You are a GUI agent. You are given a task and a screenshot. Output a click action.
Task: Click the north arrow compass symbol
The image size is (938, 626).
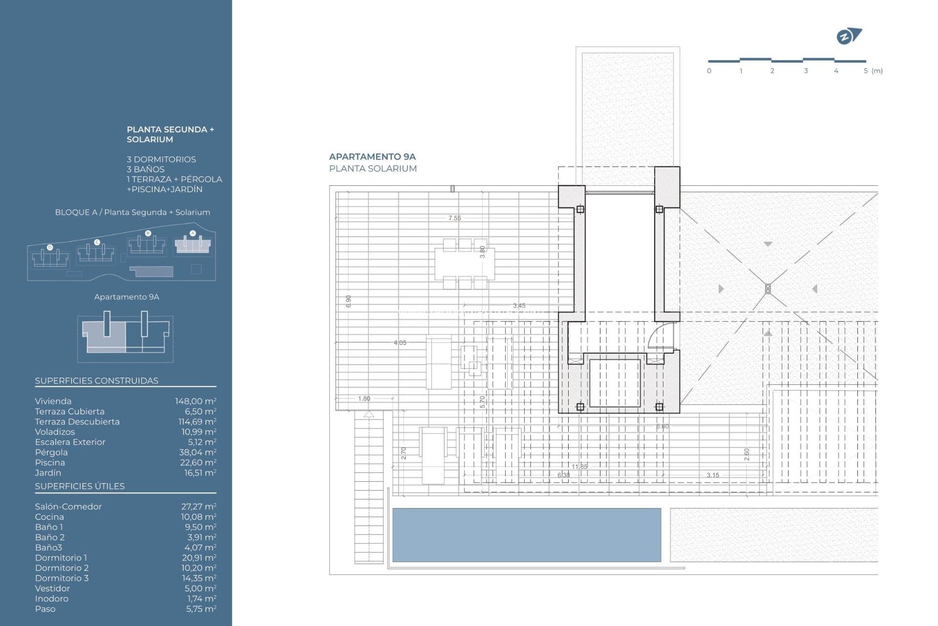849,36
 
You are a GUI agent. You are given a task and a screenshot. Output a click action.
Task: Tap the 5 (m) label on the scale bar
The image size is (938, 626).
873,71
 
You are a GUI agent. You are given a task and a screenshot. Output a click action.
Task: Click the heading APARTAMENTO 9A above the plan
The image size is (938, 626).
372,156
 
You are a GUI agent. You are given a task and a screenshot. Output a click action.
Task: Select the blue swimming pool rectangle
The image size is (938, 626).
527,535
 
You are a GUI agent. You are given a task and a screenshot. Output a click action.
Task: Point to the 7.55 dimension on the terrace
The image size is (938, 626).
454,218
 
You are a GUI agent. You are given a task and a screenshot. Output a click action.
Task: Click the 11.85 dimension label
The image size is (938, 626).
579,467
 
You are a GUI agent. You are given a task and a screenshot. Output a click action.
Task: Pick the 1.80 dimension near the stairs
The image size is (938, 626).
364,399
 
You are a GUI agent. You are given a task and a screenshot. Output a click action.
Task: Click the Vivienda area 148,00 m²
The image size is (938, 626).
195,401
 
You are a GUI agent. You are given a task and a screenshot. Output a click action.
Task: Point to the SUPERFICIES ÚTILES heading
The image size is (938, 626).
80,486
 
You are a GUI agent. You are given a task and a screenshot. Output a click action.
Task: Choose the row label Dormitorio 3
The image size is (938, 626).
62,578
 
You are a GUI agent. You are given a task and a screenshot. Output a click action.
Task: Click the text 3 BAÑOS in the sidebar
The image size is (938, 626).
146,169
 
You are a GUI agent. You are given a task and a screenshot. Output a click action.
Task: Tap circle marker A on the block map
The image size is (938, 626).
192,233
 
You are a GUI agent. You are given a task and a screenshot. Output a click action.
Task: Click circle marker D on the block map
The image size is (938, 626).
50,247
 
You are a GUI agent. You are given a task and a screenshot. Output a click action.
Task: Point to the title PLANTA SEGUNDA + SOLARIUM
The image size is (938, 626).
170,134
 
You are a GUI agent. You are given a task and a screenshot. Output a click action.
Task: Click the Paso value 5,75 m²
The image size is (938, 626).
201,609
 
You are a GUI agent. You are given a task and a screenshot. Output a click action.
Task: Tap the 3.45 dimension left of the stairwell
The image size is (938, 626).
519,306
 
